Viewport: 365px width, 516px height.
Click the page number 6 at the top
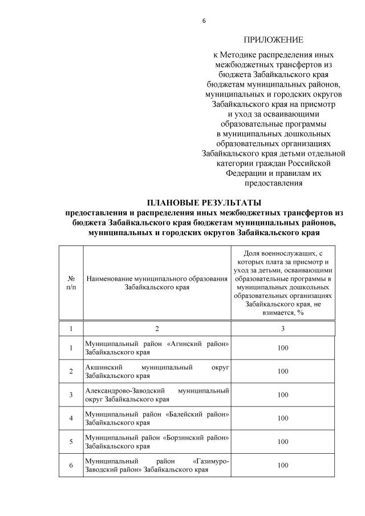204,21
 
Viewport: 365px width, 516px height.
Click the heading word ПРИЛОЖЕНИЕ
274,40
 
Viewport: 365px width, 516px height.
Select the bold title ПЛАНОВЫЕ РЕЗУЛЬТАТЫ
204,203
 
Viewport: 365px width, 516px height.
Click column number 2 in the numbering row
156,329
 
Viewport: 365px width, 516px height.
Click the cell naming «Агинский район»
156,348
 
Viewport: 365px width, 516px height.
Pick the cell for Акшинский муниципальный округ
156,372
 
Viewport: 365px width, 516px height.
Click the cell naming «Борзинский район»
156,442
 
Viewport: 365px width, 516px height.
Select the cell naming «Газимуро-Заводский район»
156,465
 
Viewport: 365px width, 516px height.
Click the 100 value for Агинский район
283,348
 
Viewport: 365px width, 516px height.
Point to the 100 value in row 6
283,465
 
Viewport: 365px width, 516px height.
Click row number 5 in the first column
71,442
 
